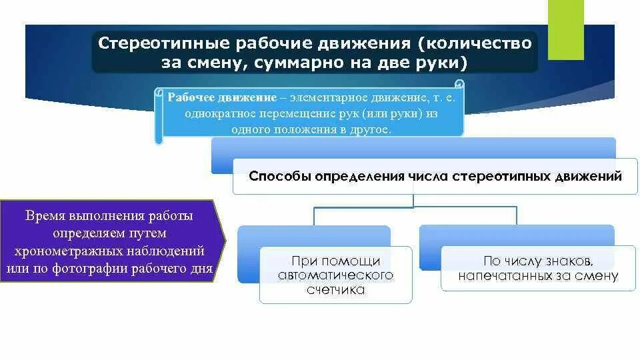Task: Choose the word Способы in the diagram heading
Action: pyautogui.click(x=277, y=177)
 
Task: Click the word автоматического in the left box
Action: pyautogui.click(x=335, y=275)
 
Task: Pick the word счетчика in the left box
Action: pyautogui.click(x=335, y=289)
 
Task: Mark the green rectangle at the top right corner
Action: pyautogui.click(x=565, y=20)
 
